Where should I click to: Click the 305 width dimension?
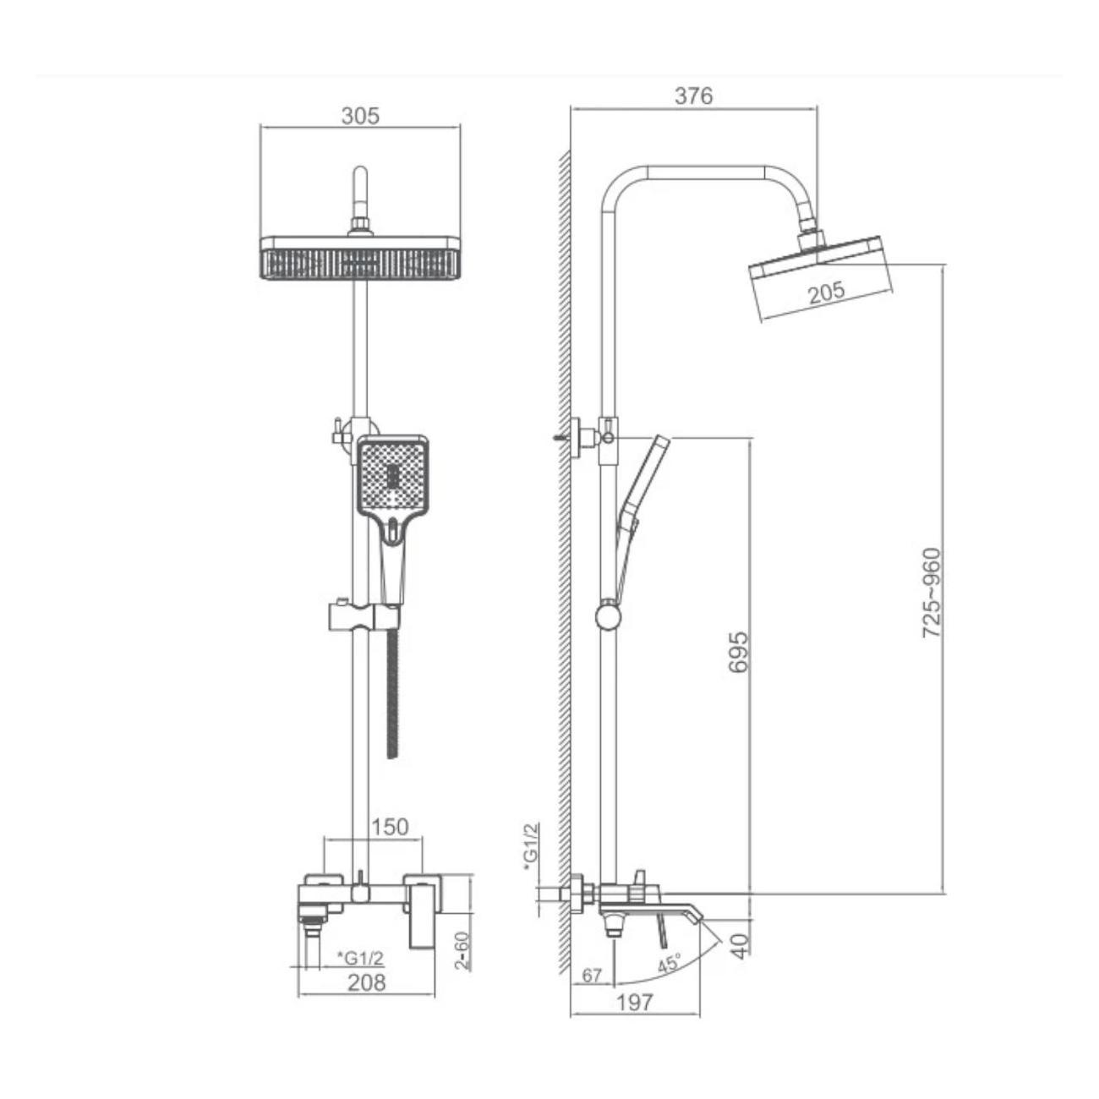(360, 116)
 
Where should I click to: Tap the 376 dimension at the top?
(693, 96)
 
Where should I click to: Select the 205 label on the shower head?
(826, 292)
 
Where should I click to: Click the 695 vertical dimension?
(738, 652)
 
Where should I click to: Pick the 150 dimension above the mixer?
(389, 826)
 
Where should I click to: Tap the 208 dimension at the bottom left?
(366, 982)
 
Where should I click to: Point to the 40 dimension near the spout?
(740, 944)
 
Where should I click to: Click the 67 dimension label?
(592, 976)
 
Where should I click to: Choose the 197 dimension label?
(635, 1003)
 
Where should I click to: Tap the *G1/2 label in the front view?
(361, 957)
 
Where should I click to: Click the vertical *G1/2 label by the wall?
(531, 845)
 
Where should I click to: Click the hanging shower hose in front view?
(391, 693)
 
